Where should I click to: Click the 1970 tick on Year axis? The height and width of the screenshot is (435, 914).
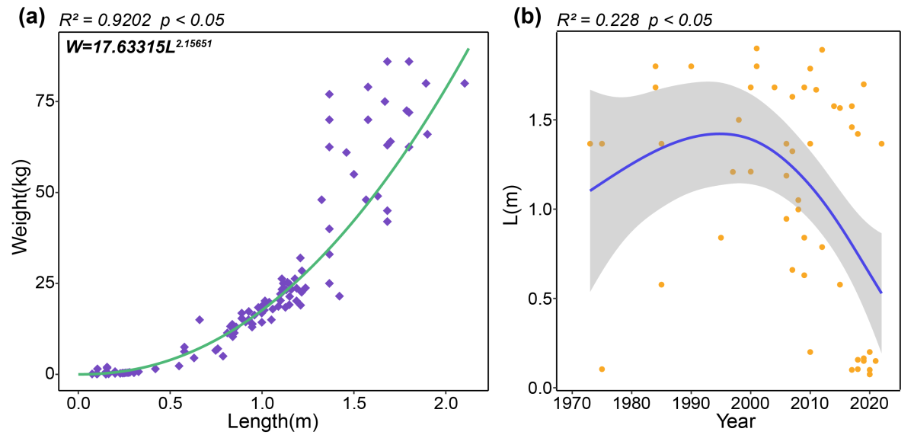point(571,402)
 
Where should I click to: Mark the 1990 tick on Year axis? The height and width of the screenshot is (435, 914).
point(691,402)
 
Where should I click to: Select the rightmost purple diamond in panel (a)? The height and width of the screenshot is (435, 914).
point(464,83)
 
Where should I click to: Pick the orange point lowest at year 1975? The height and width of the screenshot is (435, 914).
point(602,369)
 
